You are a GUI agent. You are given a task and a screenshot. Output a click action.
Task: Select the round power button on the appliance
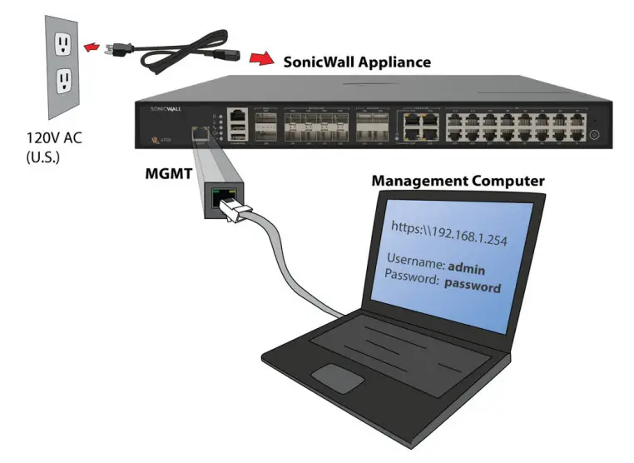click(x=595, y=133)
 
